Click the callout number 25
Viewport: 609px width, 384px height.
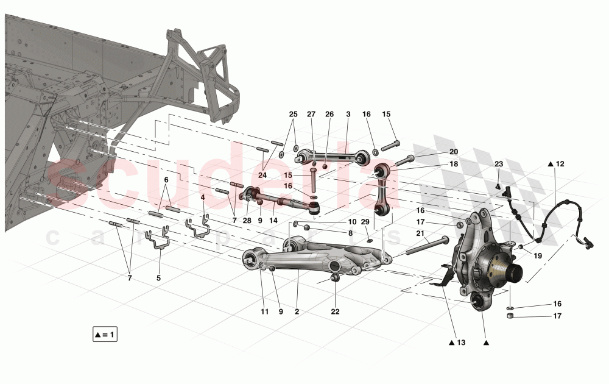tap(293, 114)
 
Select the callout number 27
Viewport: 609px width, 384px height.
tap(311, 114)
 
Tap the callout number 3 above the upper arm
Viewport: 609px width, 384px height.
tap(348, 114)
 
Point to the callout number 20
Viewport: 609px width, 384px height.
tap(454, 151)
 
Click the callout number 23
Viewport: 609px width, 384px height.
tap(498, 163)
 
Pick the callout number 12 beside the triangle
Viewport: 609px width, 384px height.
tap(560, 163)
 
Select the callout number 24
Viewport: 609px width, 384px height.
tap(262, 175)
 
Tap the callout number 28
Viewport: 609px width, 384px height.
tap(247, 220)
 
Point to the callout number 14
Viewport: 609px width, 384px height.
tap(274, 220)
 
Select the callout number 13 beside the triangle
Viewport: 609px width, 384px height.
tap(460, 343)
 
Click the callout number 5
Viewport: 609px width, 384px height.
tap(158, 278)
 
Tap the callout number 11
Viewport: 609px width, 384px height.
tap(264, 311)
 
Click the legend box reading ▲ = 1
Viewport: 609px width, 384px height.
tap(105, 335)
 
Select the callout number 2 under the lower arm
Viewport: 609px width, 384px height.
tap(297, 311)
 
